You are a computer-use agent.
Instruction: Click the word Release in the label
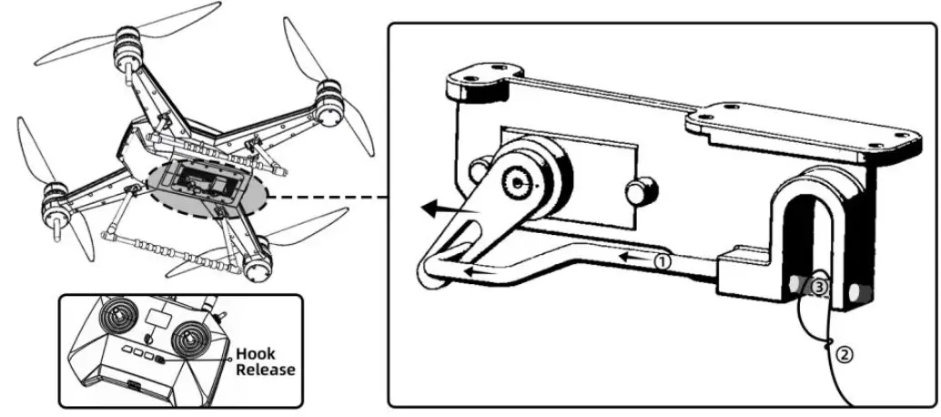(265, 370)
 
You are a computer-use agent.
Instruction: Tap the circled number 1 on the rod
(663, 260)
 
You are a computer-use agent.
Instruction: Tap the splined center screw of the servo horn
(518, 183)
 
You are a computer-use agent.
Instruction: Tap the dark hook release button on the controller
(161, 361)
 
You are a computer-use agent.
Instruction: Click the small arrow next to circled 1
(637, 259)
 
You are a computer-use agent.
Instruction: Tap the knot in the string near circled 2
(830, 343)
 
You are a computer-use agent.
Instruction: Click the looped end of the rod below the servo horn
(432, 270)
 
